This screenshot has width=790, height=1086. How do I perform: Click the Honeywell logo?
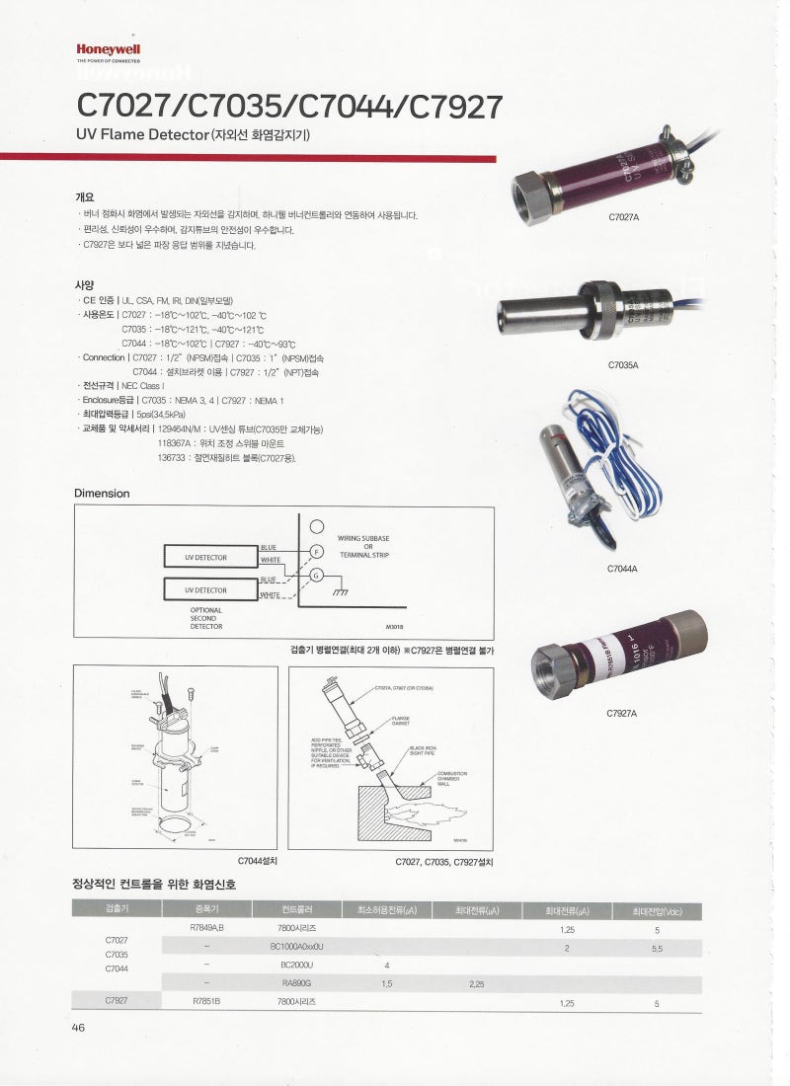109,47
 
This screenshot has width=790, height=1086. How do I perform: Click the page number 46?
79,1028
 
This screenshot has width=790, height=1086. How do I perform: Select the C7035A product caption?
623,364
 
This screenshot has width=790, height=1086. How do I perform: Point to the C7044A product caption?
623,569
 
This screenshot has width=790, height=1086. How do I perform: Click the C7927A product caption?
623,712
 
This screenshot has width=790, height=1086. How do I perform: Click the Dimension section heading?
102,493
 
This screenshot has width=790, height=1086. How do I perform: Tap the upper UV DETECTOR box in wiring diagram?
205,558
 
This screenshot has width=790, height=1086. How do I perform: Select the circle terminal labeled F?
317,551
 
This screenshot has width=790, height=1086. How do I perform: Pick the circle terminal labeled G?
317,576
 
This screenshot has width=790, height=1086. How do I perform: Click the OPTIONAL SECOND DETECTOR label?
206,618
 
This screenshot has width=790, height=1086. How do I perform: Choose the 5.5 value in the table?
657,947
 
